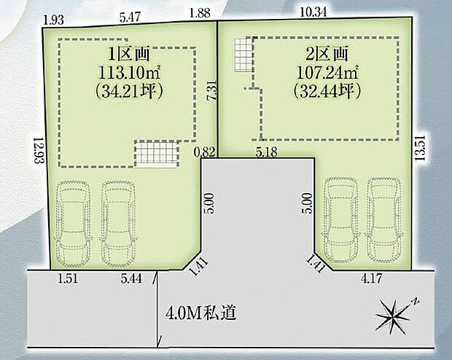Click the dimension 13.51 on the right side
419,149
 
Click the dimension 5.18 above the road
267,152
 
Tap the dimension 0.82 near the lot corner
204,152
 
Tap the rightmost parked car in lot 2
385,219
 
